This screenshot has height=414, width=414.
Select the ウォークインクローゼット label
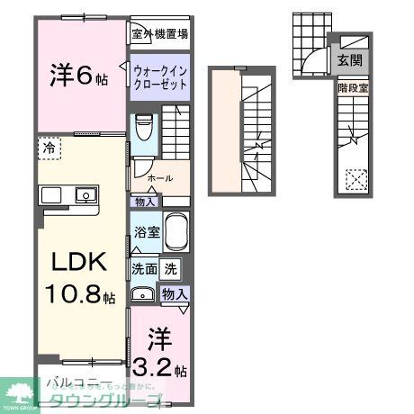(159, 76)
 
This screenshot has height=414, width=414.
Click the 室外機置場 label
(159, 34)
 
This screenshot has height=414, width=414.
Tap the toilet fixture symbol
(143, 127)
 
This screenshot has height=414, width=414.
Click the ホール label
(161, 178)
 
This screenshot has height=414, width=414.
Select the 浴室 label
(148, 232)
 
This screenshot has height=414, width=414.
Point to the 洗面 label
(144, 267)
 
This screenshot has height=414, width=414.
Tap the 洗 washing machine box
(171, 267)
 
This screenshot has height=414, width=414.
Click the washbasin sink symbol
(142, 293)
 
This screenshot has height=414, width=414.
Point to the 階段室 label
(352, 88)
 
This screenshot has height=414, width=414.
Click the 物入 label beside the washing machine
(175, 294)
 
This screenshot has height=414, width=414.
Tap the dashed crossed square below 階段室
(355, 179)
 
